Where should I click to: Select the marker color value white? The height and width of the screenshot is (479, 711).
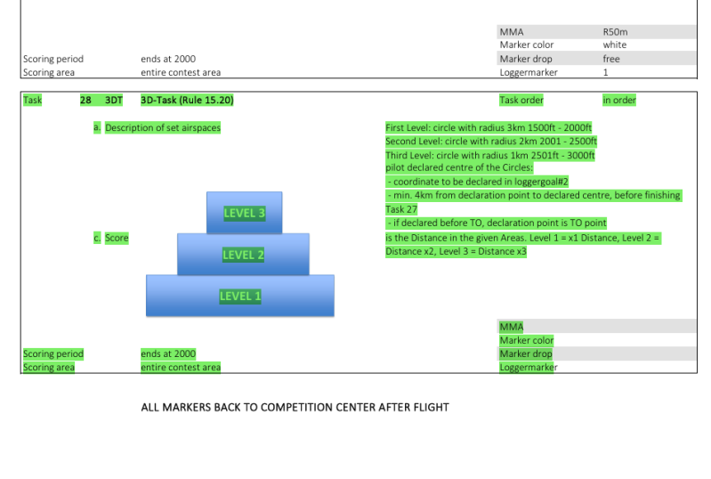tap(614, 45)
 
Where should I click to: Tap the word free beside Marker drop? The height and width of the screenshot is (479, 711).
tap(611, 59)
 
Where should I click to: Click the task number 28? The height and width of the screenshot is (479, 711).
tap(85, 101)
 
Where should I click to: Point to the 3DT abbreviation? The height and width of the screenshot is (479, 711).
tap(114, 101)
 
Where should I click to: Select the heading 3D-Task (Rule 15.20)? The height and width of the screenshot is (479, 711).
tap(187, 101)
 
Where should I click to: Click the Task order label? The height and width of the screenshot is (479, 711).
tap(521, 101)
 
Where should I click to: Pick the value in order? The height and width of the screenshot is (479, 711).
tap(619, 101)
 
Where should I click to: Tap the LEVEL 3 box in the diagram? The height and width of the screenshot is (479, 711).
tap(244, 213)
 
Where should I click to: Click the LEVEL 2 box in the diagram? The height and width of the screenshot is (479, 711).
tap(243, 255)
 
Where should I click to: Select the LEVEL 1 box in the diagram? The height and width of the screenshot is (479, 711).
tap(240, 296)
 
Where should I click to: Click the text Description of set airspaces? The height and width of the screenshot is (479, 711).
tap(163, 127)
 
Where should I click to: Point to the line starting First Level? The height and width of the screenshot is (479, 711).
tap(488, 127)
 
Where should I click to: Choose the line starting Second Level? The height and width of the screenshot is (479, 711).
tap(490, 142)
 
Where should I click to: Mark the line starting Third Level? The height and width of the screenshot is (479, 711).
tap(489, 155)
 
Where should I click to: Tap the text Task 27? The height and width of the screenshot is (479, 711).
tap(401, 209)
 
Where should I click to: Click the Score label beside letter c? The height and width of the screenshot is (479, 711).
tap(117, 238)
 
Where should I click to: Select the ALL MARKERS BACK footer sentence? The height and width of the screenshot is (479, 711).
tap(295, 407)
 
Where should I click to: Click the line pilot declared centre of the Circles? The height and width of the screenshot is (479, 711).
tap(459, 167)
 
